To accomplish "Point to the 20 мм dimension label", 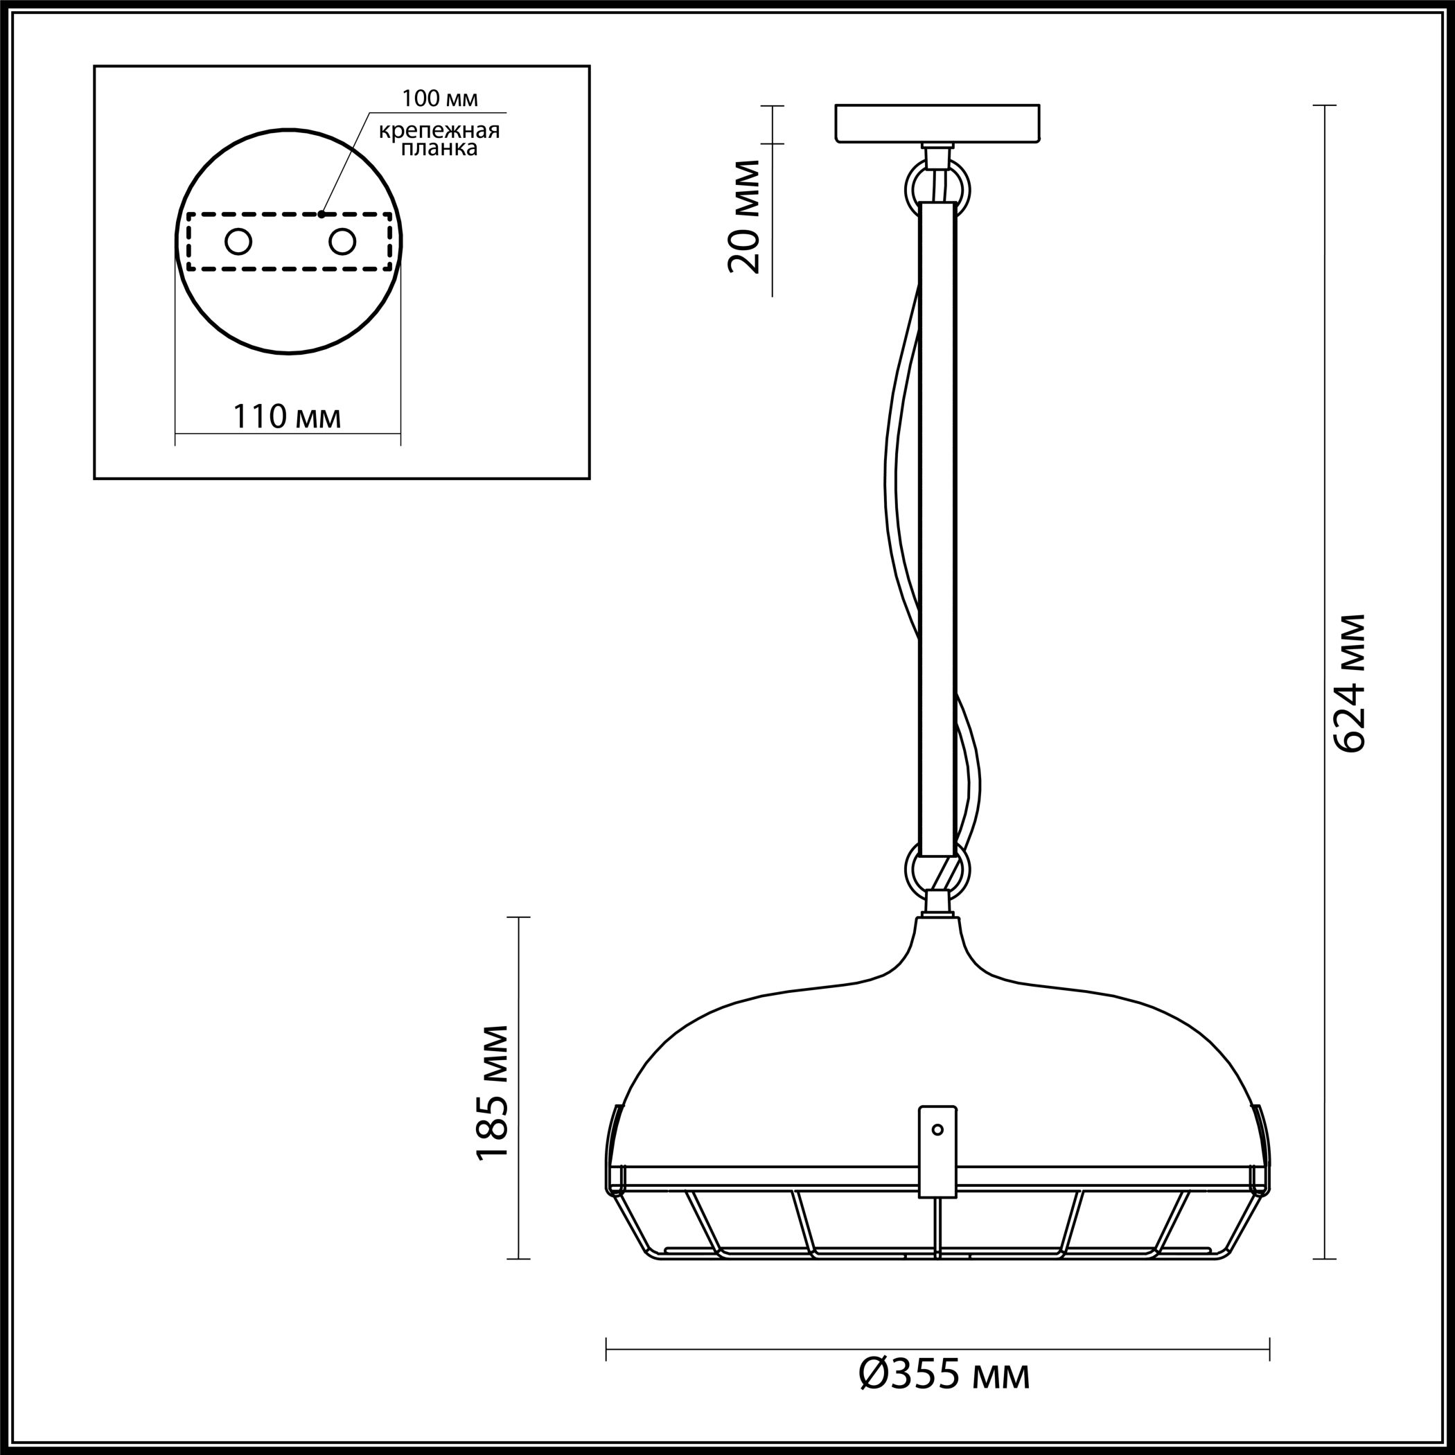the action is tap(745, 215).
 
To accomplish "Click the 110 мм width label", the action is tap(287, 416).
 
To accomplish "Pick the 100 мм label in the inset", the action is tap(440, 98).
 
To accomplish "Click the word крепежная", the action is tap(439, 131).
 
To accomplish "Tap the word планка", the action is tap(439, 148).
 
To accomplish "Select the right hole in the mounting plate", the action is tap(342, 242).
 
